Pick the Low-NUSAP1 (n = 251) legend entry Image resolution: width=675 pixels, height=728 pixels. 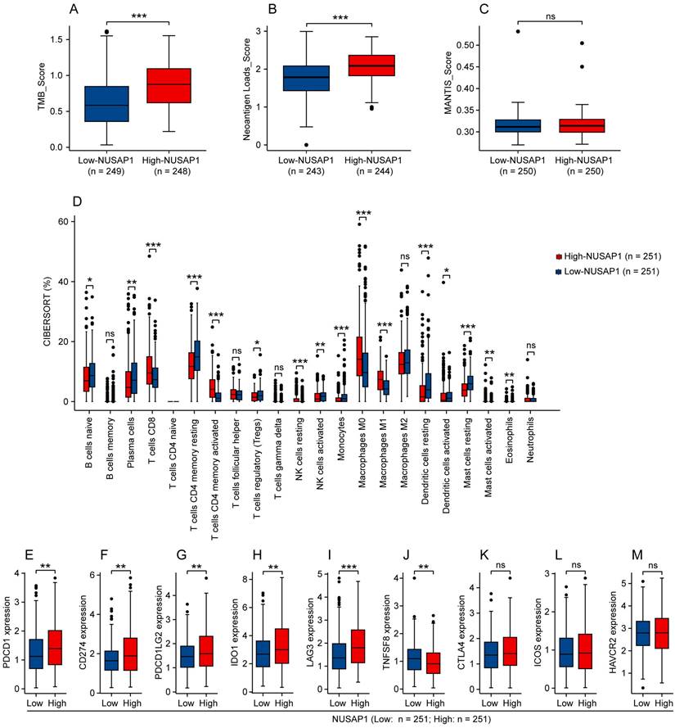(x=608, y=271)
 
